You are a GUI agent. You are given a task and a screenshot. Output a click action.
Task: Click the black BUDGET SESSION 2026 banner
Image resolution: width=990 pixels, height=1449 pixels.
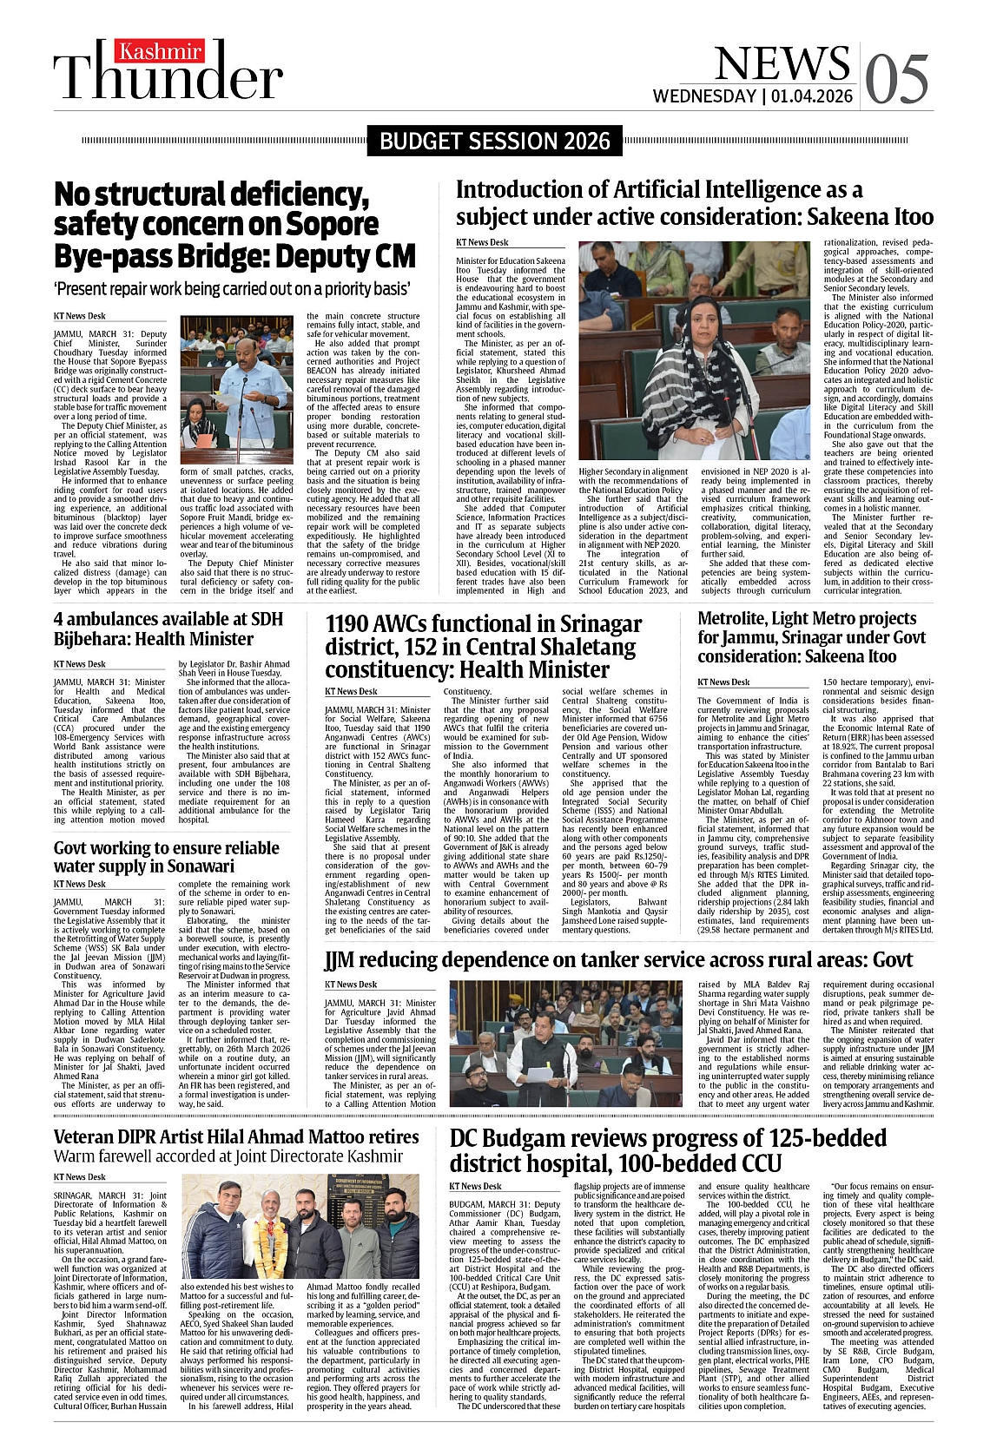pyautogui.click(x=495, y=142)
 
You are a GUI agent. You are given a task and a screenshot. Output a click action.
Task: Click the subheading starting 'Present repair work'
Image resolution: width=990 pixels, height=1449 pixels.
pyautogui.click(x=232, y=287)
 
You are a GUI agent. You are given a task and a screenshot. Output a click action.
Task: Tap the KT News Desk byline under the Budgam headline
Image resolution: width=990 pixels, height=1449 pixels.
pyautogui.click(x=475, y=1186)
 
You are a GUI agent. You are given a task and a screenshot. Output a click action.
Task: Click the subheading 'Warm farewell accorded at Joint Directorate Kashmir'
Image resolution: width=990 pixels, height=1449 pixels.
pyautogui.click(x=228, y=1156)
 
